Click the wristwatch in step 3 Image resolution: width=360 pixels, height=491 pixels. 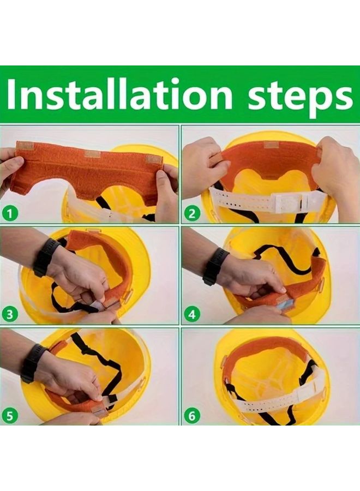[45, 257]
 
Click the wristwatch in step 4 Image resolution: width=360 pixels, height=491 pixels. [214, 266]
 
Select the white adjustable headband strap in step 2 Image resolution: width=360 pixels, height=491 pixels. [262, 201]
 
